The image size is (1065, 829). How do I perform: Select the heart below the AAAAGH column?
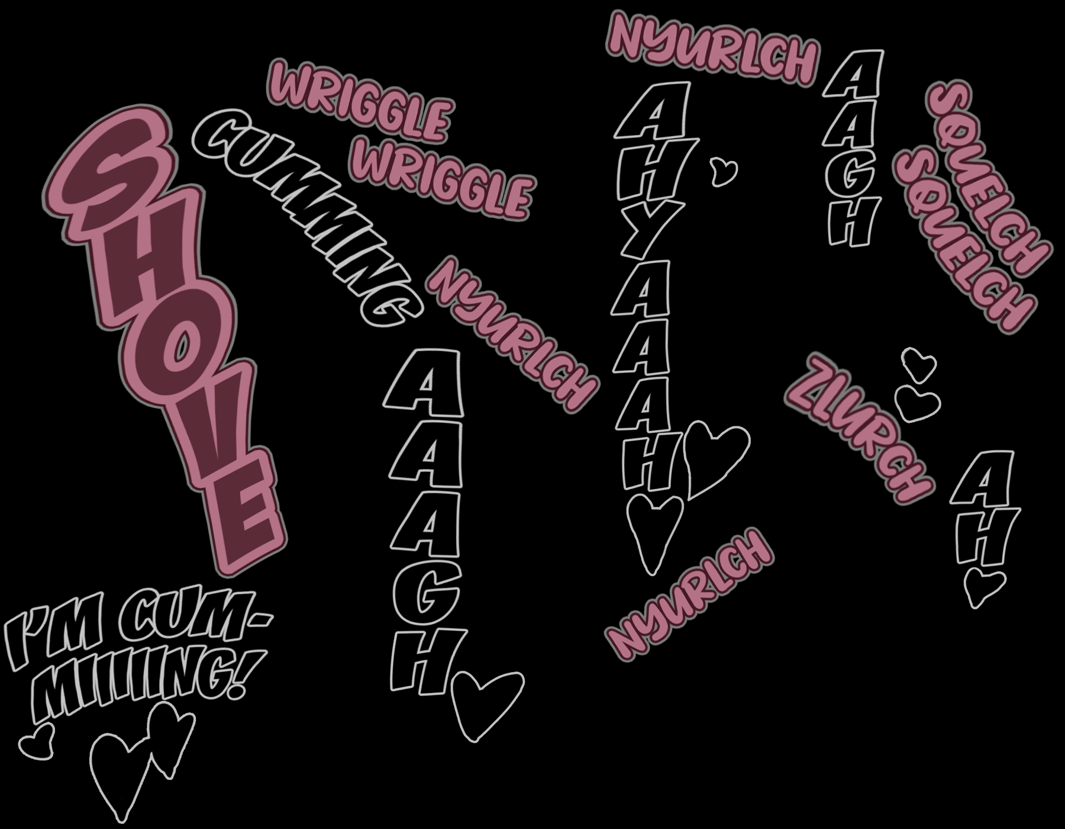point(485,705)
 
